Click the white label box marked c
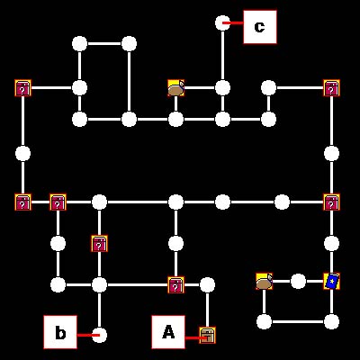tap(260, 27)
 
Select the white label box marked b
tap(60, 332)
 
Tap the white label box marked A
tap(168, 332)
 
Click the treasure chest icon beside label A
tap(207, 336)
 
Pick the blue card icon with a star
tap(331, 282)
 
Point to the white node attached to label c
tap(222, 23)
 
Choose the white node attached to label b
tap(99, 335)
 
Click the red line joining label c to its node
tap(233, 22)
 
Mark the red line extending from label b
tap(88, 335)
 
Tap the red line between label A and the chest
tap(196, 338)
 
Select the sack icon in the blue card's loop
tap(265, 282)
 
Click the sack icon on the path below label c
tap(176, 88)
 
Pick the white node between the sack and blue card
tap(298, 282)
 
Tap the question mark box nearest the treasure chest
tap(176, 284)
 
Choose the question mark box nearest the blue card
tap(331, 202)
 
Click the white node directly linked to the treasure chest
tap(207, 284)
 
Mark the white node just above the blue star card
tap(331, 243)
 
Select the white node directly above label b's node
tap(99, 284)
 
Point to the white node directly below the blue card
tap(331, 321)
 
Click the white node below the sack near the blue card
tap(265, 321)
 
